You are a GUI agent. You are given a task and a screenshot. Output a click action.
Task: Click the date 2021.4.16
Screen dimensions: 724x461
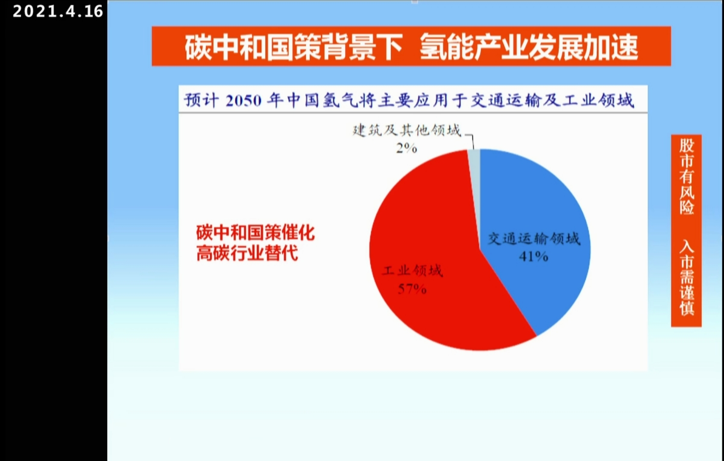[58, 11]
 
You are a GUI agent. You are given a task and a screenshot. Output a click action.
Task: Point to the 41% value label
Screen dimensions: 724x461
[533, 257]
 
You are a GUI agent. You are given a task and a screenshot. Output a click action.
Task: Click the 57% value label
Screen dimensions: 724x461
[412, 289]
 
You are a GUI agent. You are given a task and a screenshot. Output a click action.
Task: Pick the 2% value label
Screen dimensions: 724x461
[407, 148]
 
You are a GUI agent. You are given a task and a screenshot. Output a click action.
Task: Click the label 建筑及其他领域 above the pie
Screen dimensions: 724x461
[407, 130]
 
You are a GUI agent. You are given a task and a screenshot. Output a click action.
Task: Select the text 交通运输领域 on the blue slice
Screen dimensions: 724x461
[534, 239]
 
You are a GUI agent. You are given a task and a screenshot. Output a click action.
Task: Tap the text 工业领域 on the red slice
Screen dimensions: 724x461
[412, 271]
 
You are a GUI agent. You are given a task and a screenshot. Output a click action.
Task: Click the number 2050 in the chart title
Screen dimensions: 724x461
[243, 101]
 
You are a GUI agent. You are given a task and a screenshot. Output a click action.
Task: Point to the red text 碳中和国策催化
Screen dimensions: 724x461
[255, 232]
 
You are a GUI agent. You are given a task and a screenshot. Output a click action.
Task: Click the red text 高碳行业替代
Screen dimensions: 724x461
[247, 253]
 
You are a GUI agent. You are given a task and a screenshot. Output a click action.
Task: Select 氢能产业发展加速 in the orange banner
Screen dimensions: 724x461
[529, 47]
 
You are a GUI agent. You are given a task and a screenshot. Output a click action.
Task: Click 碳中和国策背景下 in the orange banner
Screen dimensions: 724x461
[294, 47]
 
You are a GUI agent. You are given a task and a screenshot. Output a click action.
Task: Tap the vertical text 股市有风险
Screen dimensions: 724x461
[686, 176]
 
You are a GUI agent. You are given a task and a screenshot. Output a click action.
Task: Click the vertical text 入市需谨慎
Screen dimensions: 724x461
[686, 277]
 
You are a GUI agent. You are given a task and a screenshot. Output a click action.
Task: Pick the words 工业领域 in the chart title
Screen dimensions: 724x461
[598, 100]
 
